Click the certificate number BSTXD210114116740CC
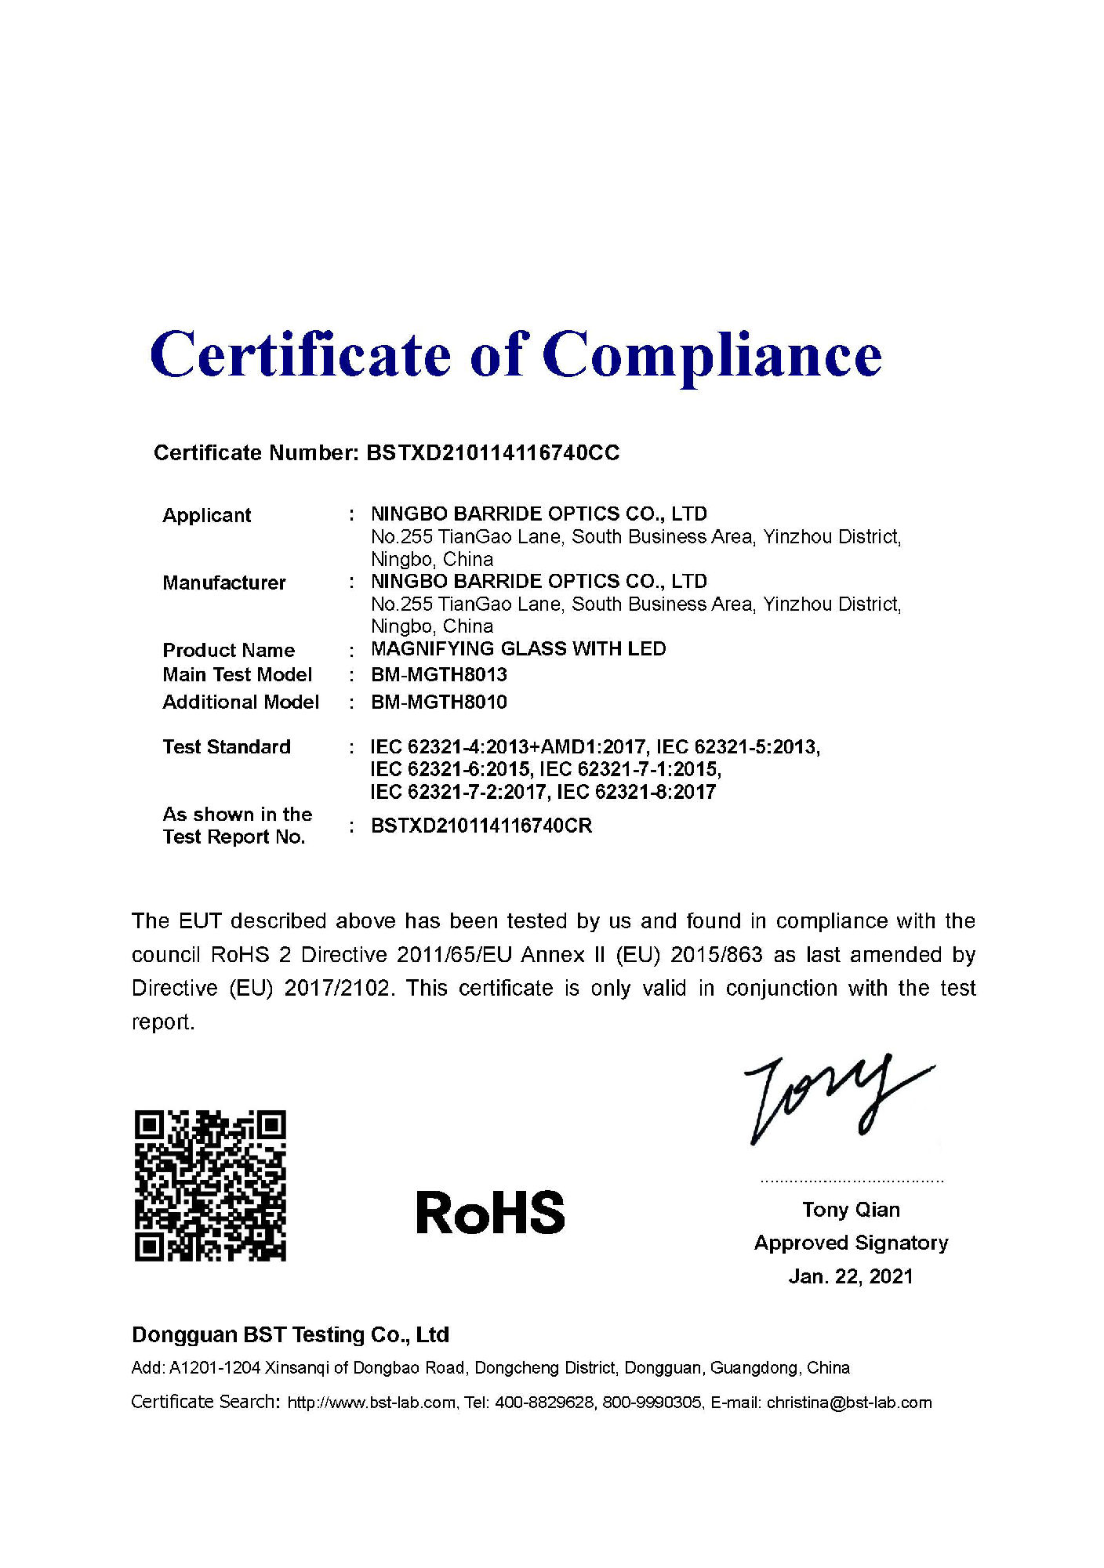(493, 453)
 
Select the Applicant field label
(207, 515)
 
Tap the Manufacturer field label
(224, 583)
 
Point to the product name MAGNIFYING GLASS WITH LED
(518, 649)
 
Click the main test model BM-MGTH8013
(439, 675)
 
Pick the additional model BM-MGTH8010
(439, 702)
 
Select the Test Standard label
(227, 747)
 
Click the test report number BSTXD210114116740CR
(481, 826)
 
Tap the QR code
(210, 1185)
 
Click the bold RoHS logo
(490, 1213)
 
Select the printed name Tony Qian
(851, 1210)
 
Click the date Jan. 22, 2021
(851, 1277)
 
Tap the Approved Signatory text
(851, 1243)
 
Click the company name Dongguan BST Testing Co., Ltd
(290, 1335)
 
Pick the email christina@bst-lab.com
(849, 1403)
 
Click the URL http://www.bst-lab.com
(372, 1403)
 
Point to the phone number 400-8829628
(544, 1403)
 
